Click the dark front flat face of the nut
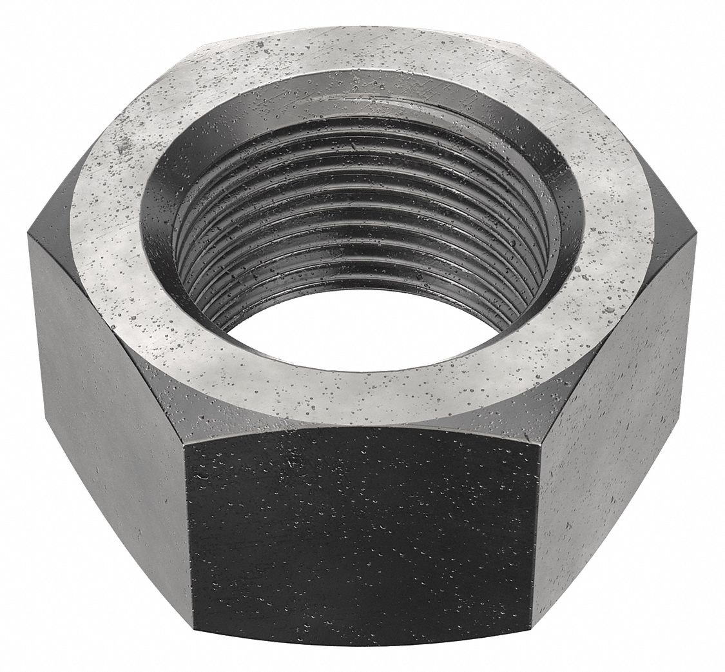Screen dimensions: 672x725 [361, 535]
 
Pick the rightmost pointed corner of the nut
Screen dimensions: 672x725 [698, 235]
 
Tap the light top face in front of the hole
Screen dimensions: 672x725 [361, 393]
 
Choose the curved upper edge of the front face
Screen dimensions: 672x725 [361, 426]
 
